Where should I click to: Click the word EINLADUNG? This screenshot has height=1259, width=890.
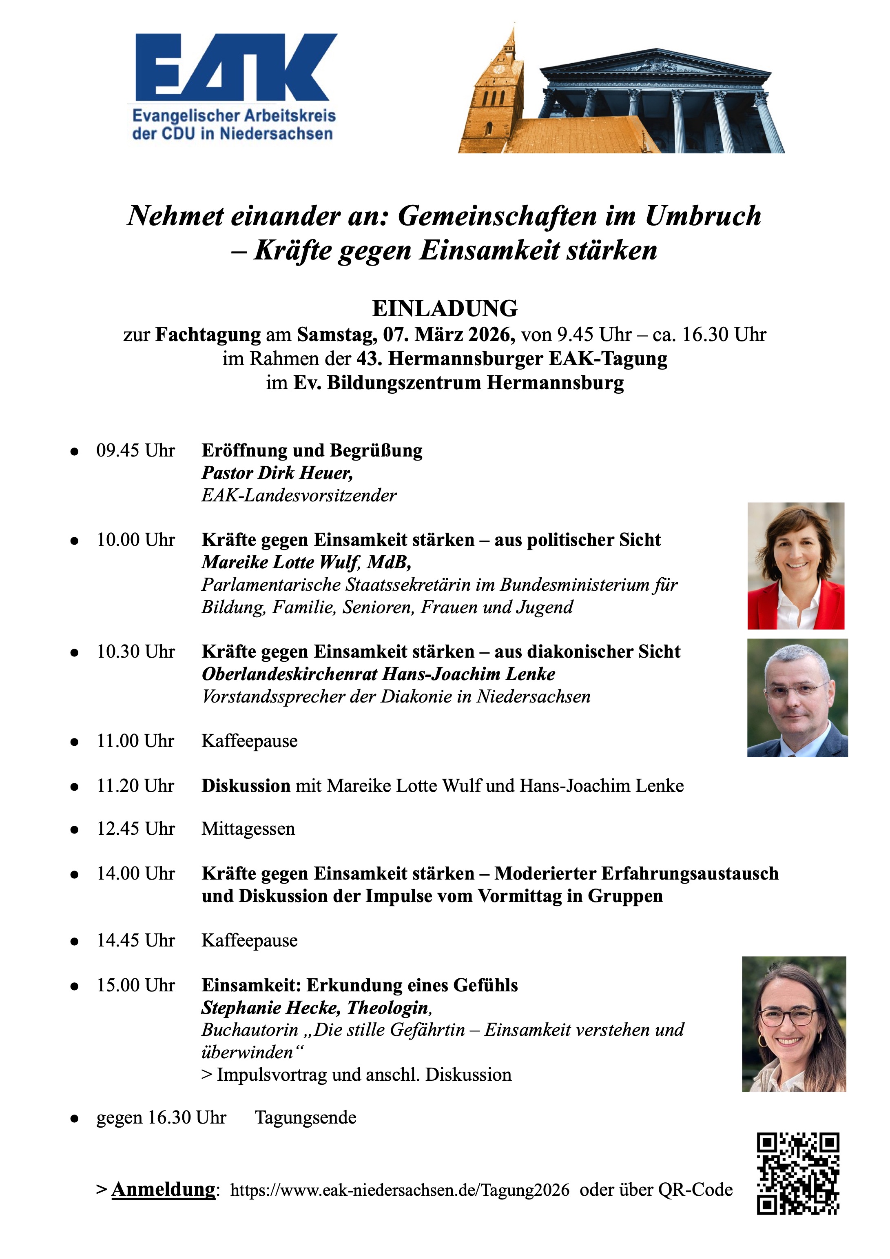[x=445, y=309]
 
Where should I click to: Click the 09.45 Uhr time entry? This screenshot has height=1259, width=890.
[x=135, y=451]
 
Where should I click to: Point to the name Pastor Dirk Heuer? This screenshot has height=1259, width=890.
[x=277, y=473]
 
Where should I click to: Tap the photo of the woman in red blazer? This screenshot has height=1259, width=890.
[x=796, y=566]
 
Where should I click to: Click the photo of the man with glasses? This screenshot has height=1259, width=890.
[x=797, y=698]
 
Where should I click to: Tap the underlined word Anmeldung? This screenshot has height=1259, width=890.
[x=164, y=1189]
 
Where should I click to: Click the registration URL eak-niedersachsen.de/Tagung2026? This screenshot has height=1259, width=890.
[x=400, y=1190]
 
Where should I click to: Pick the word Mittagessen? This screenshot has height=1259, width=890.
[x=248, y=829]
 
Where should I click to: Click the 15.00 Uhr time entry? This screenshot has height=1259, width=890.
[x=135, y=985]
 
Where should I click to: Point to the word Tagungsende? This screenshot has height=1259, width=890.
[x=306, y=1117]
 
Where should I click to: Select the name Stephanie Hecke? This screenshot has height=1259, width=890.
[x=271, y=1008]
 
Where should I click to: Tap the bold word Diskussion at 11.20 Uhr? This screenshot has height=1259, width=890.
[x=246, y=786]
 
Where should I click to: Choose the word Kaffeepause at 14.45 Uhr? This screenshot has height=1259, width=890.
[x=250, y=940]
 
